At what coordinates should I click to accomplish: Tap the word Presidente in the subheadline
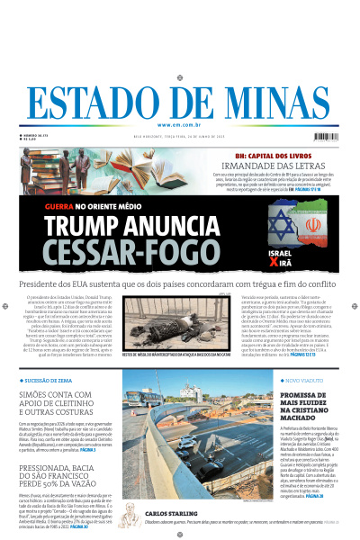click(46, 283)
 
